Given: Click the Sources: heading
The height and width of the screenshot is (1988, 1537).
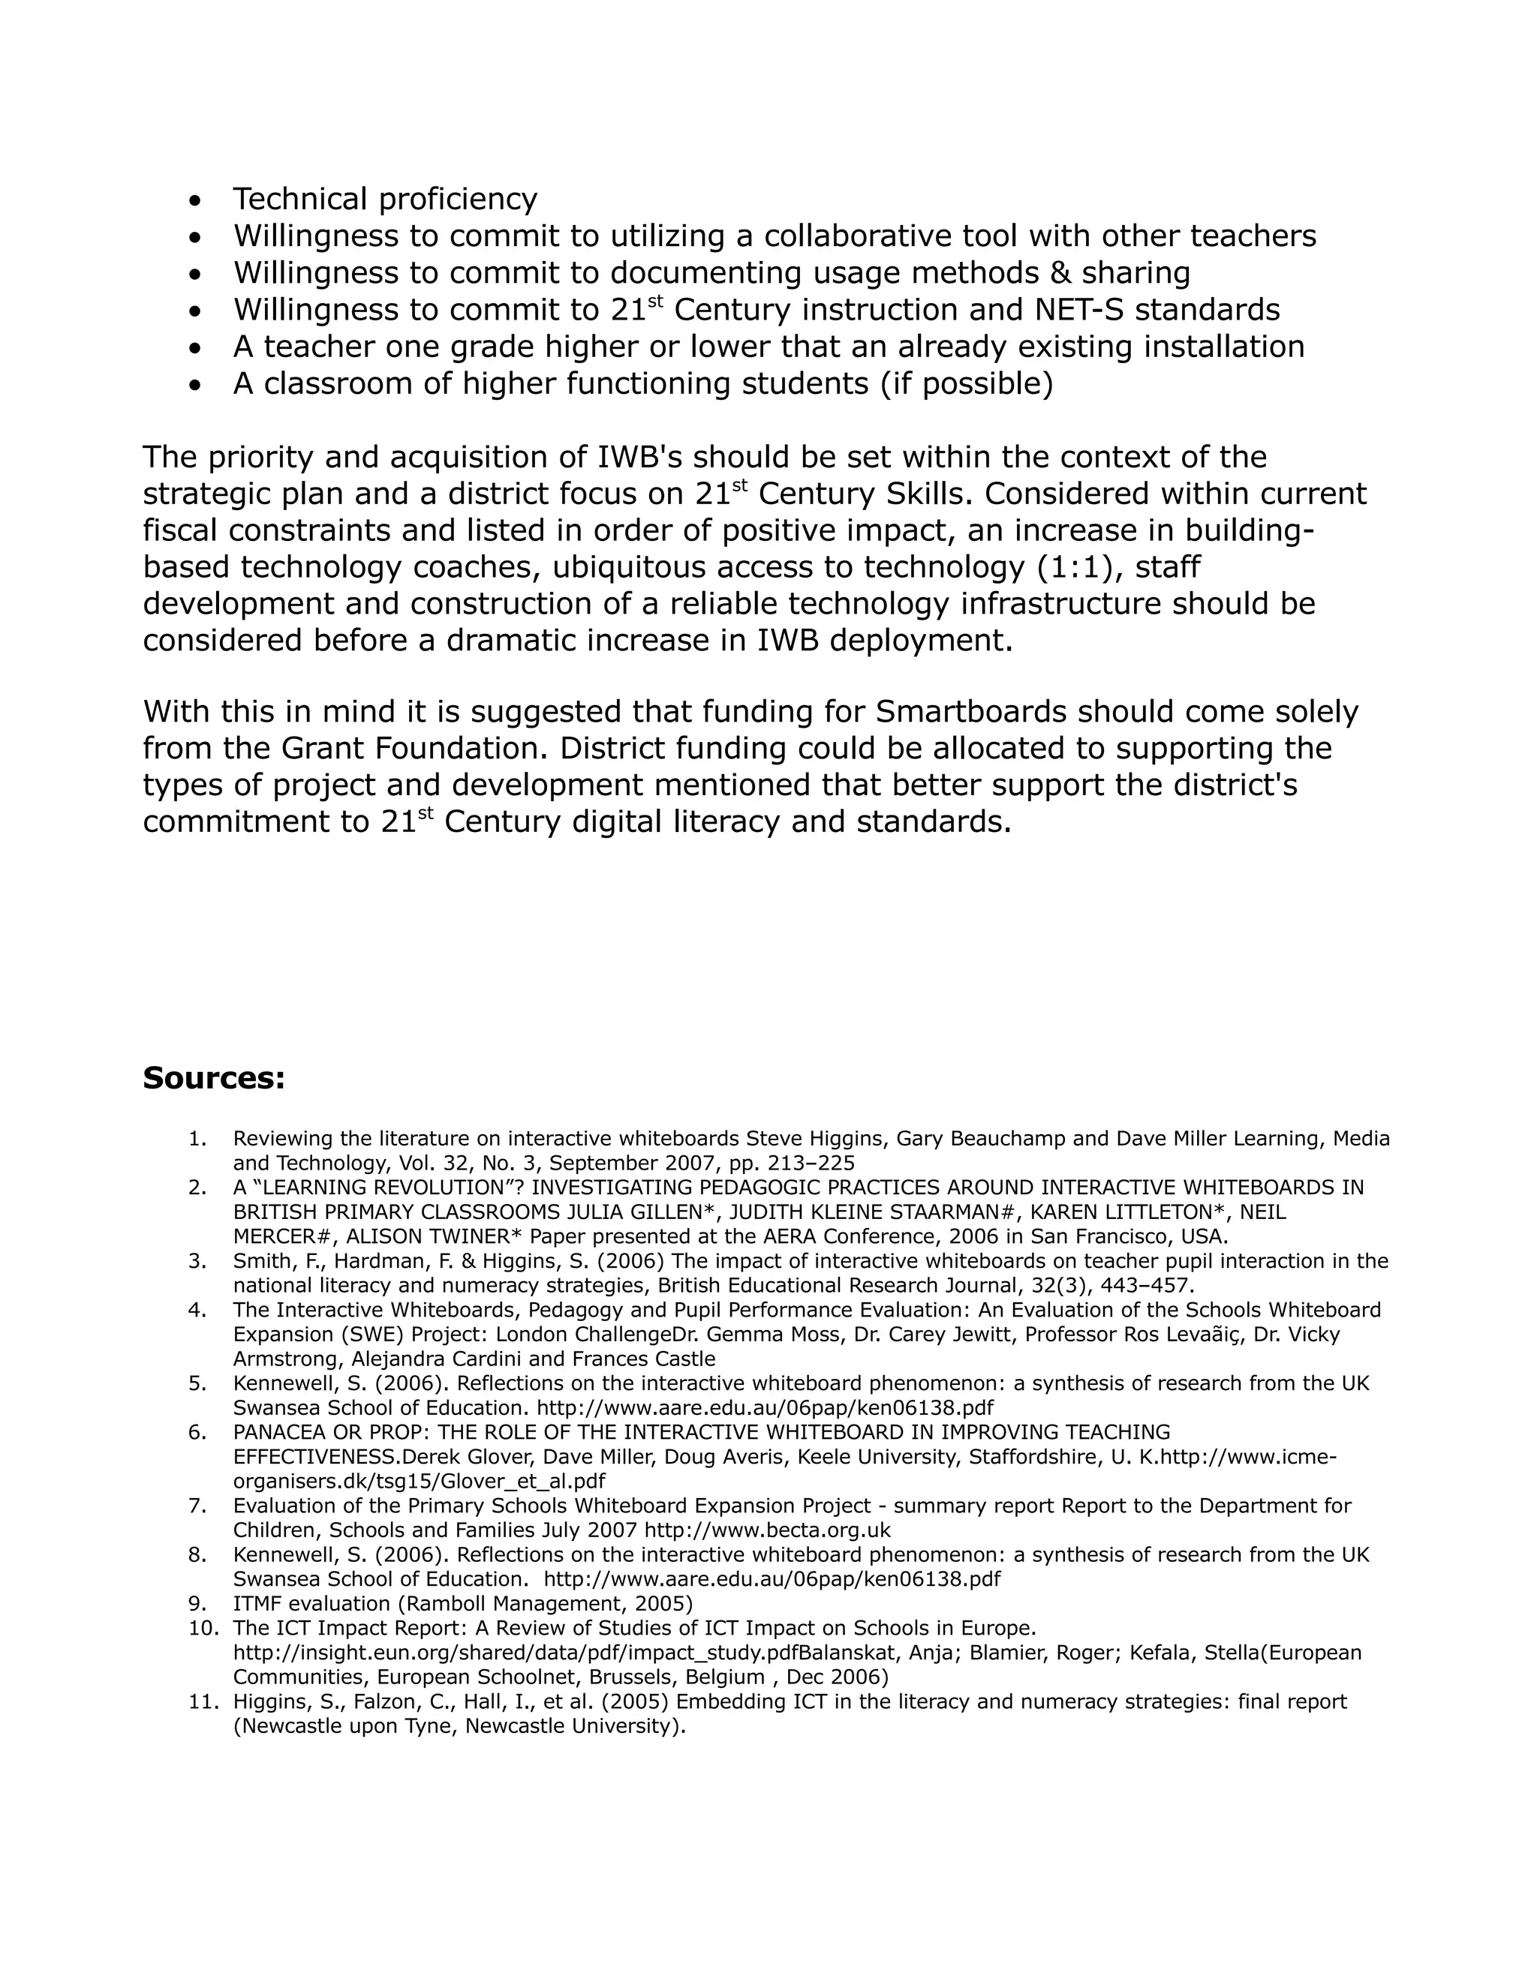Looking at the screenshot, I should click(x=214, y=1079).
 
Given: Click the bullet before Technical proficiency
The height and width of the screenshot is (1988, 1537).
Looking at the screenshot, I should click(x=195, y=200).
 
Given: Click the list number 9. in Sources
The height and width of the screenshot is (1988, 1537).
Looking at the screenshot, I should click(x=198, y=1603).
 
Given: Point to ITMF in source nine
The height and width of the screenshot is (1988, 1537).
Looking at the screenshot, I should click(x=257, y=1603).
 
